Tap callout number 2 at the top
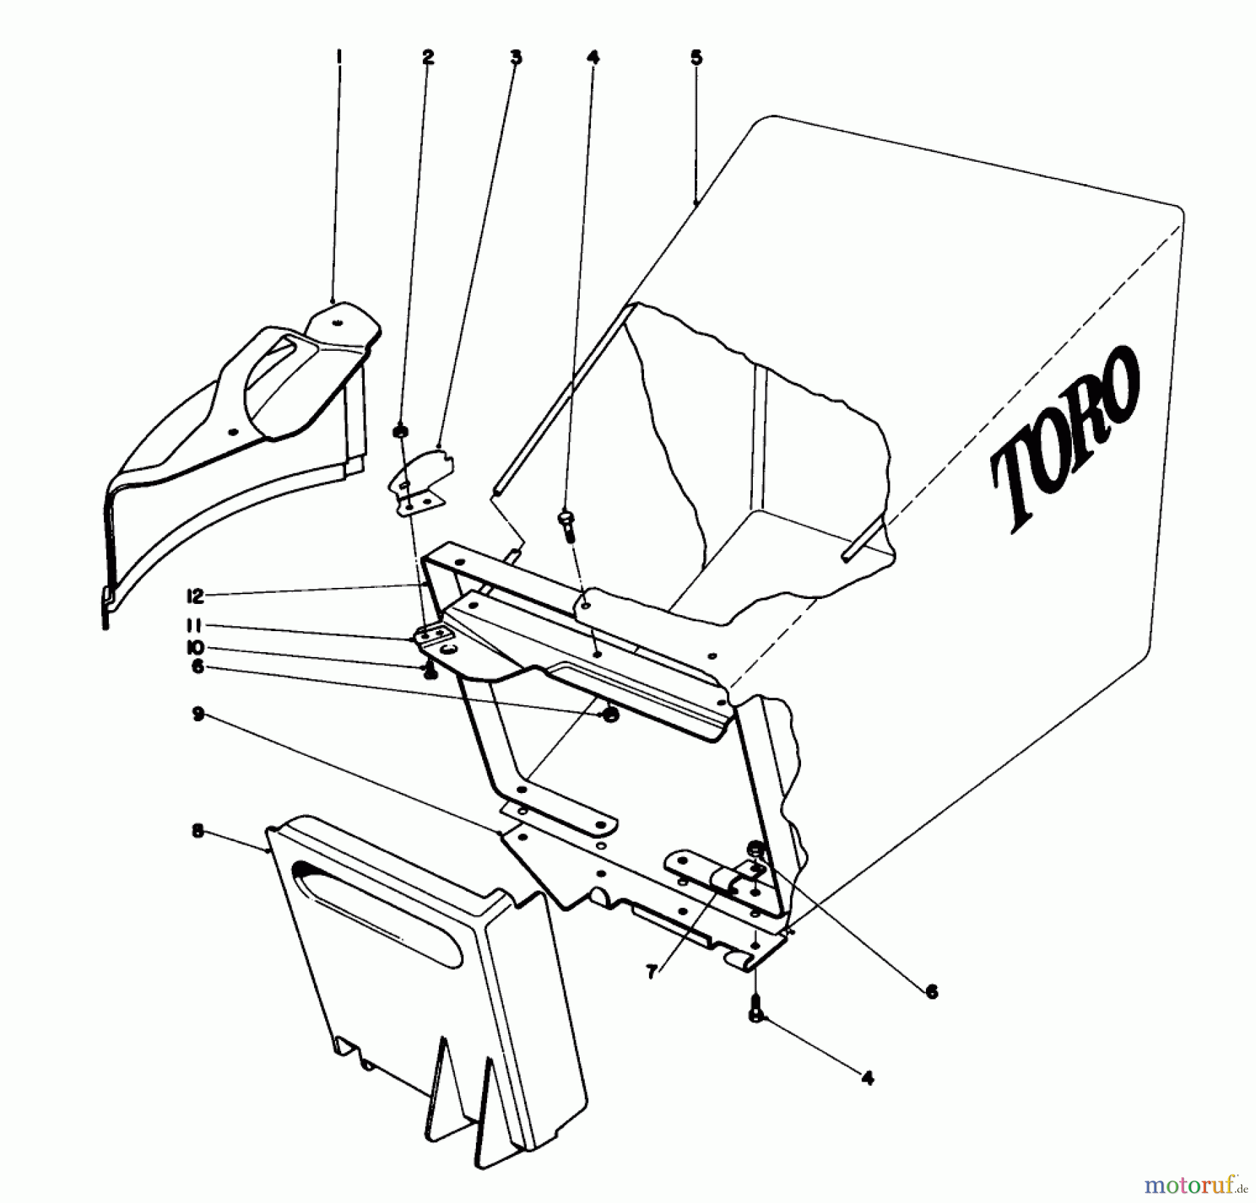pyautogui.click(x=428, y=57)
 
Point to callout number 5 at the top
pyautogui.click(x=696, y=57)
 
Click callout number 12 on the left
pyautogui.click(x=195, y=596)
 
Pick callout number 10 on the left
pyautogui.click(x=195, y=647)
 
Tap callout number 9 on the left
pyautogui.click(x=198, y=716)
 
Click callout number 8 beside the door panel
pyautogui.click(x=198, y=832)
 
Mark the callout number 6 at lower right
pyautogui.click(x=932, y=991)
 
